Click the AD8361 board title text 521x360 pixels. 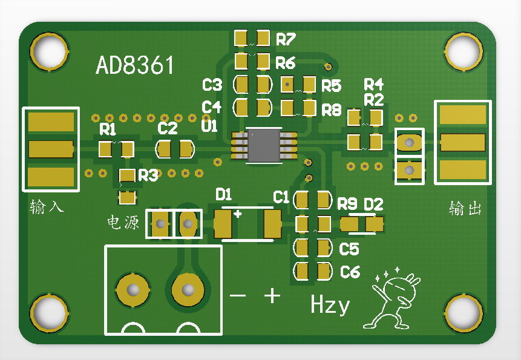tap(134, 65)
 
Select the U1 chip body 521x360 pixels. tap(263, 145)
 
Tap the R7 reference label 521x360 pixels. tap(286, 40)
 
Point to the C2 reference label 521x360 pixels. tap(168, 128)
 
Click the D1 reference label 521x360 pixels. tap(224, 194)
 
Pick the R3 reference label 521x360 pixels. tap(148, 175)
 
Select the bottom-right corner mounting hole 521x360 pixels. tap(464, 313)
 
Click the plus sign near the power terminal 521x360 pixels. tap(272, 295)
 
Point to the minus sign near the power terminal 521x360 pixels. tap(238, 296)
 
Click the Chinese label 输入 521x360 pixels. tap(47, 208)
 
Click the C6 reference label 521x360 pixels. tap(350, 272)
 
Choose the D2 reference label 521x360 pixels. tap(373, 204)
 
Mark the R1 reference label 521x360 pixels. tap(108, 129)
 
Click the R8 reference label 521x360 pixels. tap(332, 110)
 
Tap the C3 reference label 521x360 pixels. tap(212, 85)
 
